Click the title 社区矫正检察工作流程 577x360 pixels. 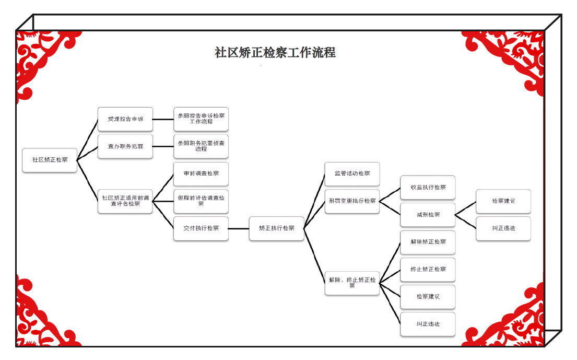coord(275,53)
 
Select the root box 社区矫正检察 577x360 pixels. coord(50,160)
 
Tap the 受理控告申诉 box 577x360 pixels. coord(125,119)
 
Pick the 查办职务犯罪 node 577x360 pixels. coord(125,146)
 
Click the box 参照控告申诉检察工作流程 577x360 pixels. coord(201,119)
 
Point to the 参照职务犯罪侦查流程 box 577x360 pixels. coord(201,146)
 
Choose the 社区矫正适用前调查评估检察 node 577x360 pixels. coord(125,201)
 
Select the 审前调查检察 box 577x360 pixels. coord(201,174)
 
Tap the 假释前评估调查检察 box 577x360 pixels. coord(201,201)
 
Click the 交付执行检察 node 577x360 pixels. coord(201,228)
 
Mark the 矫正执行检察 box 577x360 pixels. coord(277,228)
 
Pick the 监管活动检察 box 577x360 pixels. coord(352,174)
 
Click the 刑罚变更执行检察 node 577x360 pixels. coord(352,201)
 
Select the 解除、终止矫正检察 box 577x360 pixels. coord(352,283)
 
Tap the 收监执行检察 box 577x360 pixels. coord(428,188)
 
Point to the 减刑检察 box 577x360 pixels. coord(428,215)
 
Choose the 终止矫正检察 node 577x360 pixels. coord(428,270)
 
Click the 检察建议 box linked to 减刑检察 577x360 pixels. coord(503,201)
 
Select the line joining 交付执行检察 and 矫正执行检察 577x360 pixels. coord(239,228)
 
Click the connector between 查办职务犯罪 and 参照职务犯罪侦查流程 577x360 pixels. coord(163,146)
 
